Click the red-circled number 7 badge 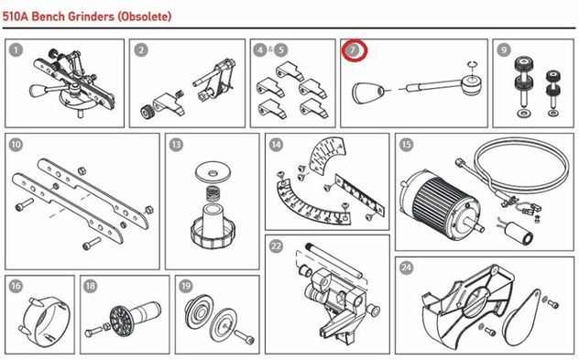click(354, 50)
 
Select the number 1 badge click(16, 50)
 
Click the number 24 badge click(406, 267)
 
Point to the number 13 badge click(176, 145)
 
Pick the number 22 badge click(276, 245)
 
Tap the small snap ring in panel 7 click(473, 65)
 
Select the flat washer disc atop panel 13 click(213, 172)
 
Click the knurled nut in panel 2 click(147, 111)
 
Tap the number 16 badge click(16, 286)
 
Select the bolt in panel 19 click(245, 335)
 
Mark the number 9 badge click(504, 49)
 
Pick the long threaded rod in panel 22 click(334, 263)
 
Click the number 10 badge click(16, 145)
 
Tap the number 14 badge click(276, 145)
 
